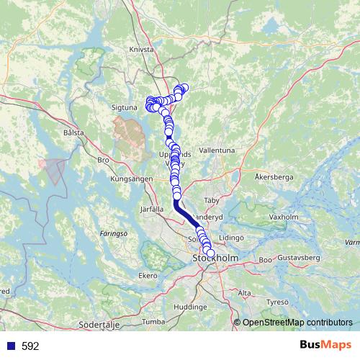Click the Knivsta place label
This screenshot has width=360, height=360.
pos(143,50)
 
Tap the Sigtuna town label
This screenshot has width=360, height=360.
pos(125,106)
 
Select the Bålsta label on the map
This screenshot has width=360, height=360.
pos(73,133)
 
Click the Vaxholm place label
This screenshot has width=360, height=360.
pos(282,216)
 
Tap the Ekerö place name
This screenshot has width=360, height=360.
pos(148,275)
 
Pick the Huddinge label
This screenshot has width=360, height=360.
pos(190,306)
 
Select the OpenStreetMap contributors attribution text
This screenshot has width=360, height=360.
pos(297,323)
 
